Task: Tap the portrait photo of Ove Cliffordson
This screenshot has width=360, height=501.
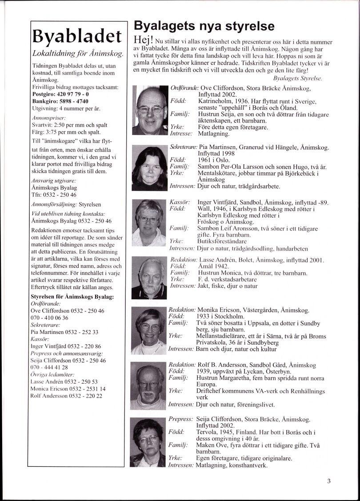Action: pyautogui.click(x=150, y=110)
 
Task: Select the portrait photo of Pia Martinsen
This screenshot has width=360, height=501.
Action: pyautogui.click(x=149, y=168)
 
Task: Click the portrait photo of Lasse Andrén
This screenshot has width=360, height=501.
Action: pyautogui.click(x=150, y=278)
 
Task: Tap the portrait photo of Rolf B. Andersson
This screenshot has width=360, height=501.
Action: pyautogui.click(x=150, y=386)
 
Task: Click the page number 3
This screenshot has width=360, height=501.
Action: pyautogui.click(x=328, y=480)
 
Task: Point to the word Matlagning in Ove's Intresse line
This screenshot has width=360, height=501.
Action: pyautogui.click(x=214, y=133)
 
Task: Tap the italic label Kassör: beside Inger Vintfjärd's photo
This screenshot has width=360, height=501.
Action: pyautogui.click(x=179, y=202)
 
